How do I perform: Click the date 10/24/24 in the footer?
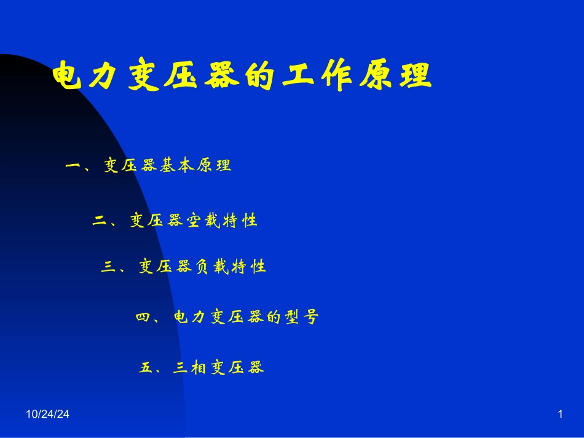(x=47, y=415)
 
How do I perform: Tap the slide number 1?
(x=560, y=415)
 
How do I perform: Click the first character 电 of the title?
(x=69, y=77)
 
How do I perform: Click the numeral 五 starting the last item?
(x=146, y=368)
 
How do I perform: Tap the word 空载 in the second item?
(x=202, y=221)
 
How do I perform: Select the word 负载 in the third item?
(x=211, y=267)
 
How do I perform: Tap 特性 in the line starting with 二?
(x=240, y=221)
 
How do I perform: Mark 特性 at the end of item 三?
(x=249, y=267)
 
